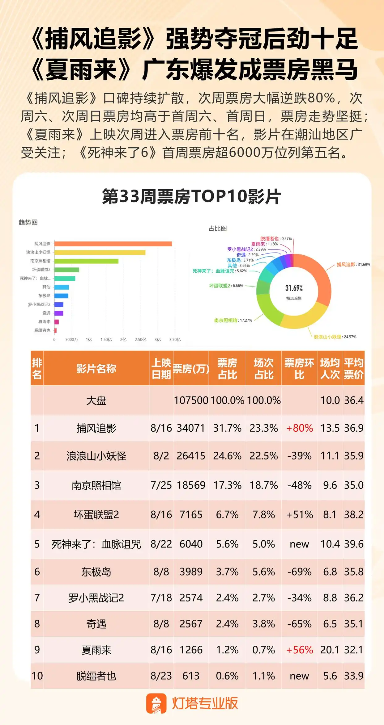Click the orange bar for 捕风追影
[113, 244]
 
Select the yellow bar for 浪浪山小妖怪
[100, 252]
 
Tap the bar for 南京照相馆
[86, 261]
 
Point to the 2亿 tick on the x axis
[123, 339]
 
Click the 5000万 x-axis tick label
[71, 339]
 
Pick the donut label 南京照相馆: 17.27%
[233, 320]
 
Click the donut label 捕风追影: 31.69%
[353, 264]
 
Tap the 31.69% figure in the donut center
[294, 288]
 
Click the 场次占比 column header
[264, 368]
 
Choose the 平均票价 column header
[354, 368]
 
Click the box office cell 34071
[191, 428]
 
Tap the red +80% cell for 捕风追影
[299, 428]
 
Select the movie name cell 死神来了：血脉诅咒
[96, 544]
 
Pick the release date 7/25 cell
[161, 485]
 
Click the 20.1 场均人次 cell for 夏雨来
[330, 650]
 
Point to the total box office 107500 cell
[191, 400]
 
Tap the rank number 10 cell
[37, 676]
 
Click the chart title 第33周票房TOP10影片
[192, 196]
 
